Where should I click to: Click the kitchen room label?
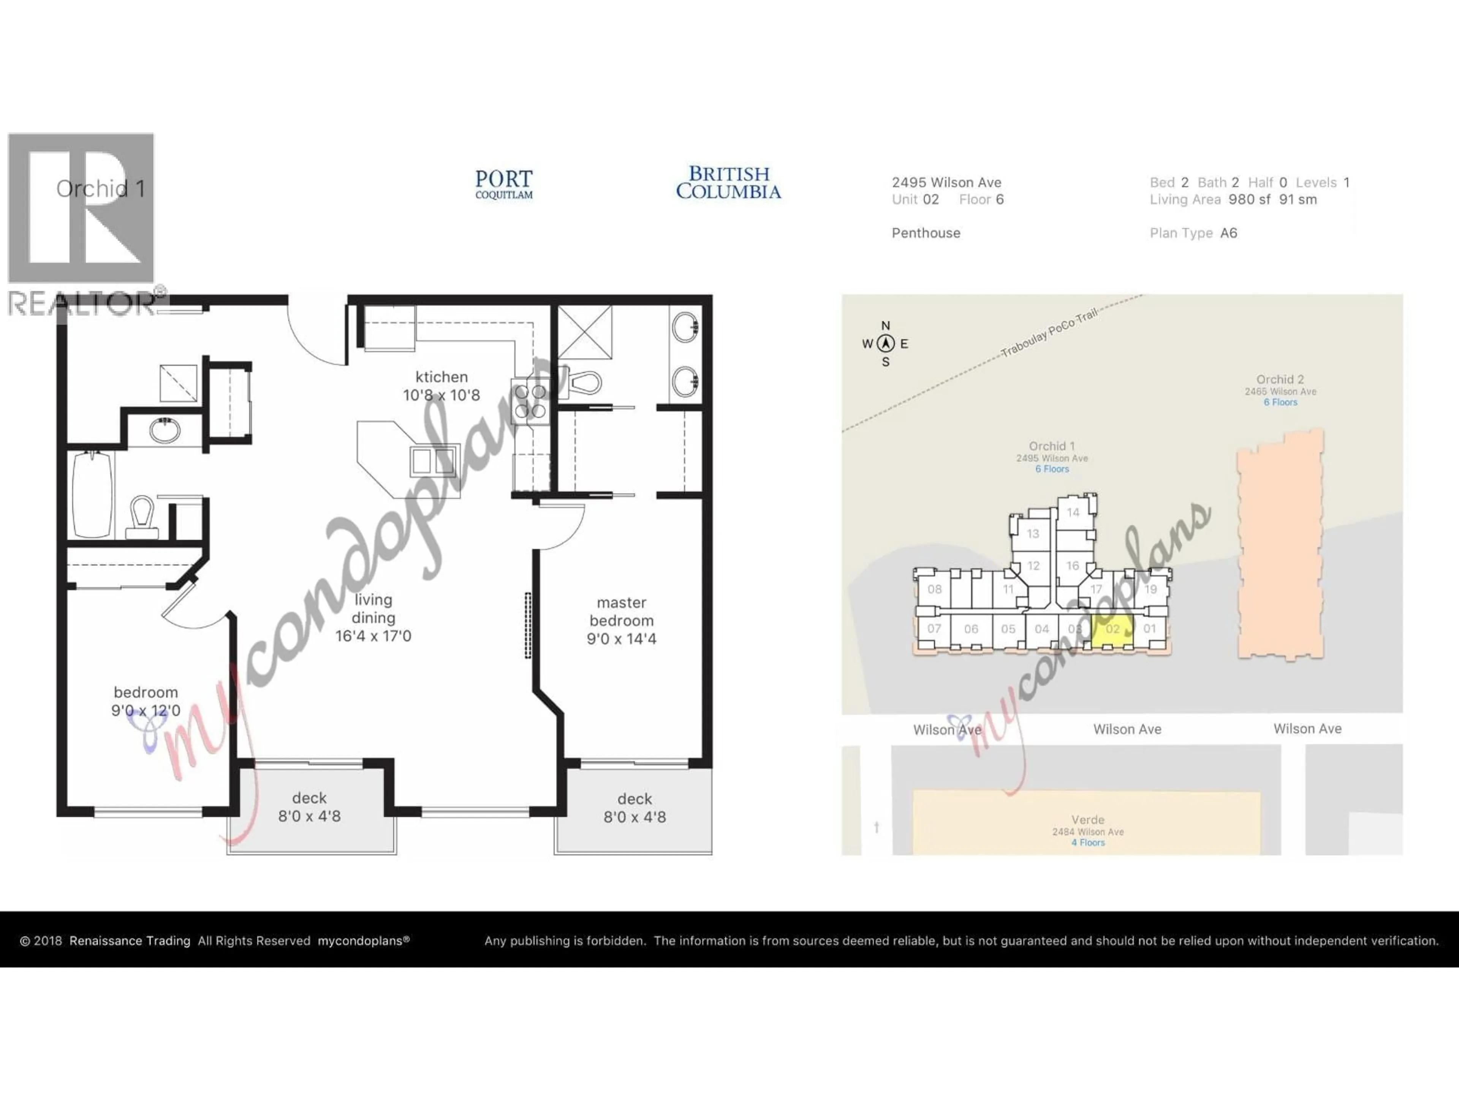(x=441, y=377)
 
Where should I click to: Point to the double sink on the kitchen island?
(x=434, y=461)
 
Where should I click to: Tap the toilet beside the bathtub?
(x=142, y=516)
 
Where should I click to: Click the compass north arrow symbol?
(x=886, y=343)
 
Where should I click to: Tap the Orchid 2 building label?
(x=1280, y=380)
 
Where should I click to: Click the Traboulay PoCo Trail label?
(x=1049, y=333)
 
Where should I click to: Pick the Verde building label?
(x=1088, y=820)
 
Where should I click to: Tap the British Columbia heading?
(x=728, y=183)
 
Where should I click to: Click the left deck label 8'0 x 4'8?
(x=309, y=816)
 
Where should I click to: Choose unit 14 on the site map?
(x=1073, y=512)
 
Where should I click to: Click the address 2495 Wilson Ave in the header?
(x=946, y=183)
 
